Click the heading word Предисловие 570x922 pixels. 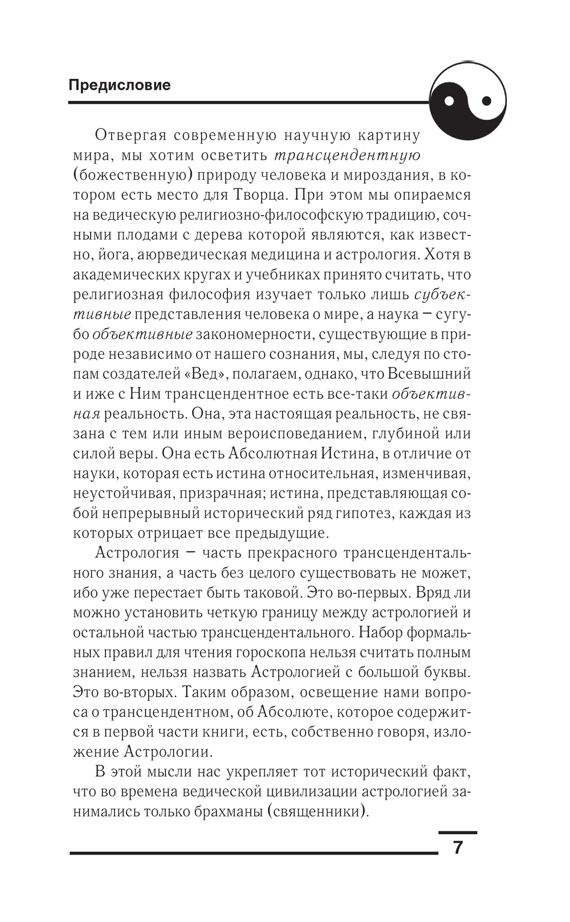[119, 85]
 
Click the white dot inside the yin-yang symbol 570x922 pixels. [449, 102]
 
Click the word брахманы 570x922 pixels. [222, 811]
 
